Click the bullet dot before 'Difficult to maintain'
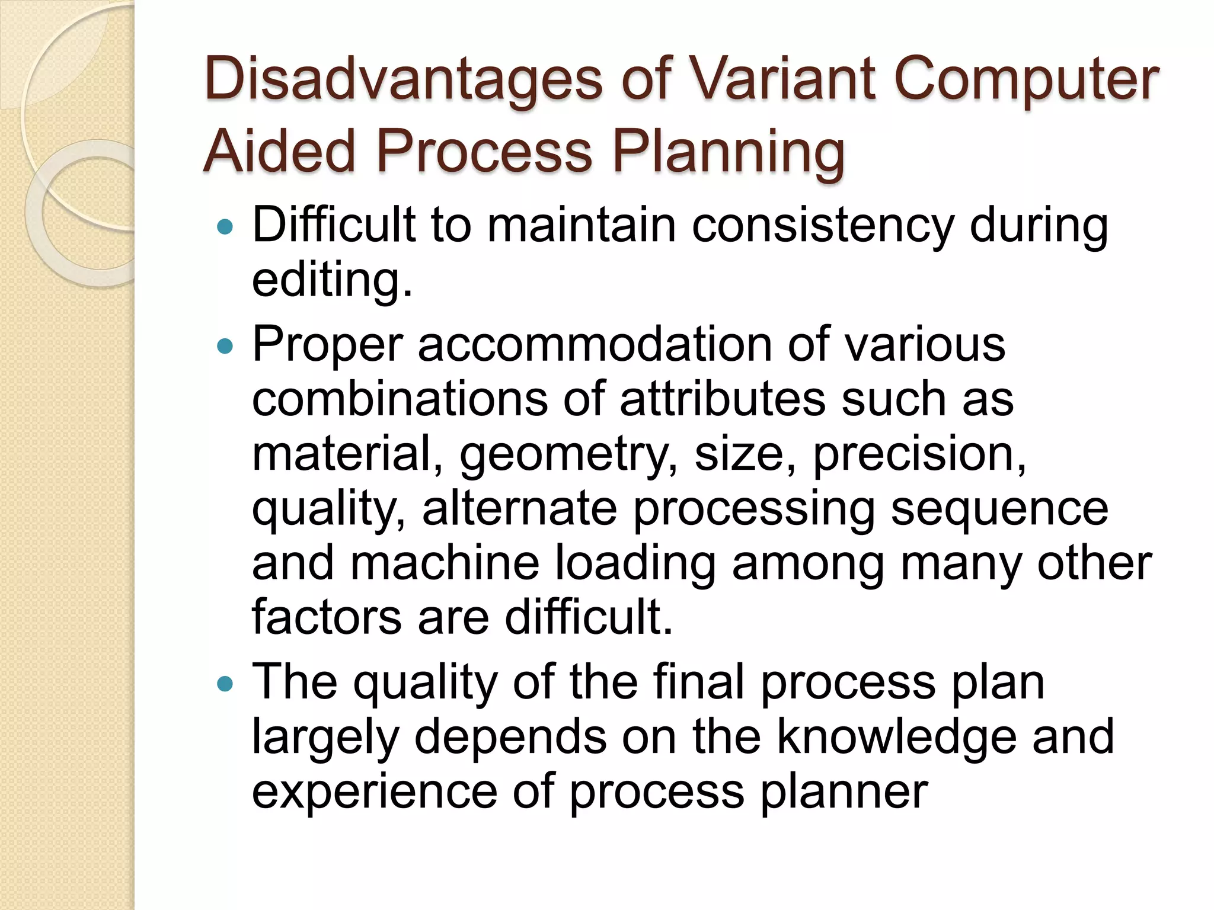pos(226,226)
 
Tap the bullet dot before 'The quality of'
pos(226,684)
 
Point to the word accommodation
pos(595,345)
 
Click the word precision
pos(919,455)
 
